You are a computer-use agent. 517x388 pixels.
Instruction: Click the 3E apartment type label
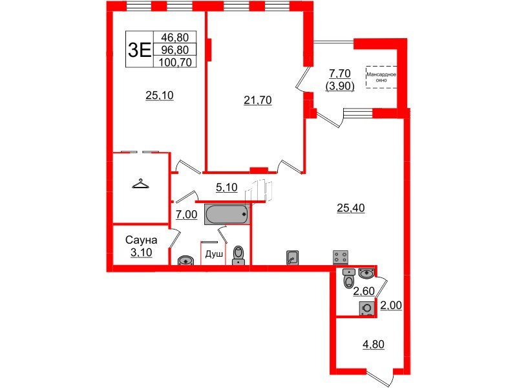click(x=139, y=50)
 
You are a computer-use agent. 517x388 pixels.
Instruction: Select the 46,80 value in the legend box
click(x=174, y=37)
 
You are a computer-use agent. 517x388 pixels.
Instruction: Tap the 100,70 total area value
click(x=175, y=61)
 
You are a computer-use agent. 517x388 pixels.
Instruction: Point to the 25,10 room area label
click(x=160, y=95)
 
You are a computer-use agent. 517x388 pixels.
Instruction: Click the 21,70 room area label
click(x=257, y=100)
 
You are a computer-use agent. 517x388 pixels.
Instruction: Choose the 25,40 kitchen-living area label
click(x=350, y=208)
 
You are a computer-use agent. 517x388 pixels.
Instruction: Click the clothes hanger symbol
click(x=140, y=184)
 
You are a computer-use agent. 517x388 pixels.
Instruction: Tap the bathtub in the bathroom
click(x=227, y=215)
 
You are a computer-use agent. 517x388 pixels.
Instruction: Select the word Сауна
click(x=141, y=240)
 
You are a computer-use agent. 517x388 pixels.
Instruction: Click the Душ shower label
click(x=214, y=254)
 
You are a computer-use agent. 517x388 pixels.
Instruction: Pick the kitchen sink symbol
click(x=293, y=257)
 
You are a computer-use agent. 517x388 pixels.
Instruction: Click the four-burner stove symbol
click(x=341, y=257)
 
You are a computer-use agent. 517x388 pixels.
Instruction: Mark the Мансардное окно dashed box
click(x=381, y=77)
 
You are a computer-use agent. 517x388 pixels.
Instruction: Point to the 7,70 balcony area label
click(x=340, y=73)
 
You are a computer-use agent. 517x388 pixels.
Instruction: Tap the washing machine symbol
click(x=366, y=308)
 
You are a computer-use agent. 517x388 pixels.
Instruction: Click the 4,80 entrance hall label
click(x=374, y=344)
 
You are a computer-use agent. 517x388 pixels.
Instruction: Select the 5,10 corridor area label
click(x=227, y=188)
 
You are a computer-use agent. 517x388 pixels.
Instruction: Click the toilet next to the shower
click(x=238, y=255)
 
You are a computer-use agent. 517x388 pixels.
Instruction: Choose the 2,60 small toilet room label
click(x=364, y=291)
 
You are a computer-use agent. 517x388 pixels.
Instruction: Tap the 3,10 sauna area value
click(x=141, y=252)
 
